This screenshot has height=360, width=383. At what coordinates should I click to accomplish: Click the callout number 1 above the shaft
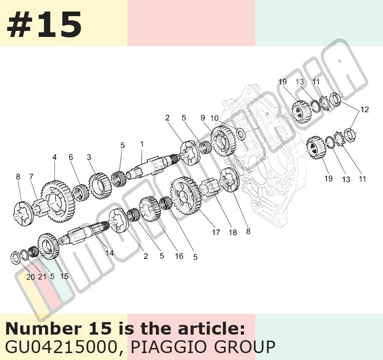142,144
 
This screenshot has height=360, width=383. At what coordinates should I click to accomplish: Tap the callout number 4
54,157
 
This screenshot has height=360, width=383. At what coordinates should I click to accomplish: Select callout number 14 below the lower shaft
109,252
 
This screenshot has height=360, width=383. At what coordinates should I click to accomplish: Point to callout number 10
215,118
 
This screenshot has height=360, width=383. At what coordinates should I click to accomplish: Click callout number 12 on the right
365,109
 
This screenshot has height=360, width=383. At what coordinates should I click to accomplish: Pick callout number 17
216,232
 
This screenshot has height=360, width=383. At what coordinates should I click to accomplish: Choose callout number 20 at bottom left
30,277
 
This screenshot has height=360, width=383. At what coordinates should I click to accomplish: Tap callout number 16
179,256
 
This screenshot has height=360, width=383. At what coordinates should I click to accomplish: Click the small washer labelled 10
241,133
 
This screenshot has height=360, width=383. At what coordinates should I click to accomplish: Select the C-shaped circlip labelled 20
15,258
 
